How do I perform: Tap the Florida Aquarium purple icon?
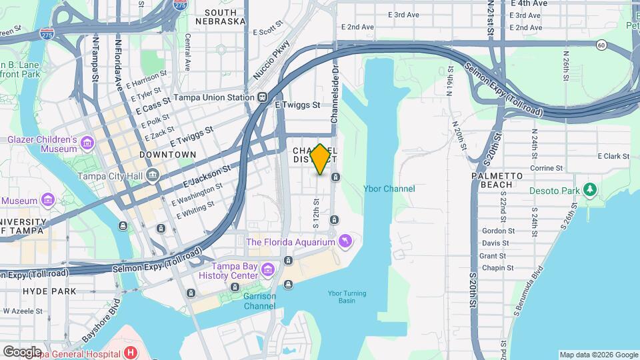tap(345, 241)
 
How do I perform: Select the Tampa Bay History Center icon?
tap(268, 270)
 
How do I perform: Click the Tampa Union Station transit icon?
tap(263, 97)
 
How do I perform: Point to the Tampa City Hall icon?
tap(153, 176)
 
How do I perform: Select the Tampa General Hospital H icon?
tap(131, 352)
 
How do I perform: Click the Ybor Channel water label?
tap(389, 189)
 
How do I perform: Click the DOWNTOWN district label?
tap(168, 155)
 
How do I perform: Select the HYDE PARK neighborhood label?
tap(49, 291)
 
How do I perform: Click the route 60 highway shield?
tap(601, 45)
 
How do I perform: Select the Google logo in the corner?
tap(22, 351)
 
